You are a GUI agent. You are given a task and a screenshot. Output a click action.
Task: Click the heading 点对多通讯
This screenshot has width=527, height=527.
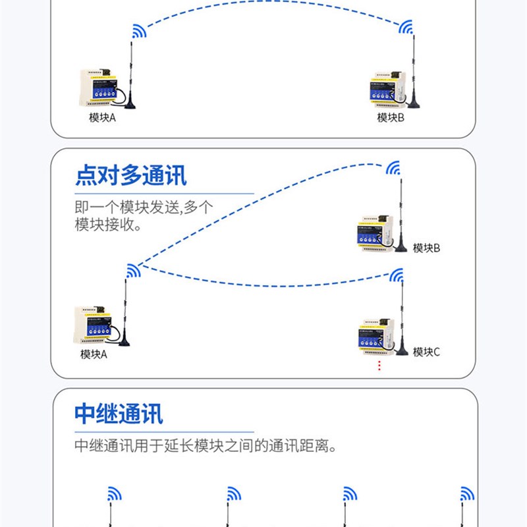click(130, 176)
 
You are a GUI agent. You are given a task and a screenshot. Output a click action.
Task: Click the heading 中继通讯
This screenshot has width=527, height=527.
click(119, 414)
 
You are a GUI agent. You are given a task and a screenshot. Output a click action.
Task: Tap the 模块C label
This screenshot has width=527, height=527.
click(426, 352)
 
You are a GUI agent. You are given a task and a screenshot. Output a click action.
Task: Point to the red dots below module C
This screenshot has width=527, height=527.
click(379, 366)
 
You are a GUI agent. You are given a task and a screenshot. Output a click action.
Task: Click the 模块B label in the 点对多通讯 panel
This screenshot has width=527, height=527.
click(426, 248)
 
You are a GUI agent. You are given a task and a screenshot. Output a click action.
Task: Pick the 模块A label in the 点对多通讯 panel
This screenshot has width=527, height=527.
click(94, 354)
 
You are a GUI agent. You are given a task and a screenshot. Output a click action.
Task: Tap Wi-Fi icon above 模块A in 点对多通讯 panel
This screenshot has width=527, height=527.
click(134, 270)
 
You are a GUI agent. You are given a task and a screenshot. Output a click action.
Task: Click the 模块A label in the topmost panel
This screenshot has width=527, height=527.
click(102, 118)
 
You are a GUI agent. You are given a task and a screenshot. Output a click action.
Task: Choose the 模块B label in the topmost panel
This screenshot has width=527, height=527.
click(391, 118)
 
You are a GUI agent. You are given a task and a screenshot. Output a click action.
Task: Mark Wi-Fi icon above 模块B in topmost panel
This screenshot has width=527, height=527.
click(406, 28)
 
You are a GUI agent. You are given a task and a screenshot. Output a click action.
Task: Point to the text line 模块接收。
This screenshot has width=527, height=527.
click(109, 225)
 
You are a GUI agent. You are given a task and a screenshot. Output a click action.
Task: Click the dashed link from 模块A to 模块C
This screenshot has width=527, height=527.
click(263, 283)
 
